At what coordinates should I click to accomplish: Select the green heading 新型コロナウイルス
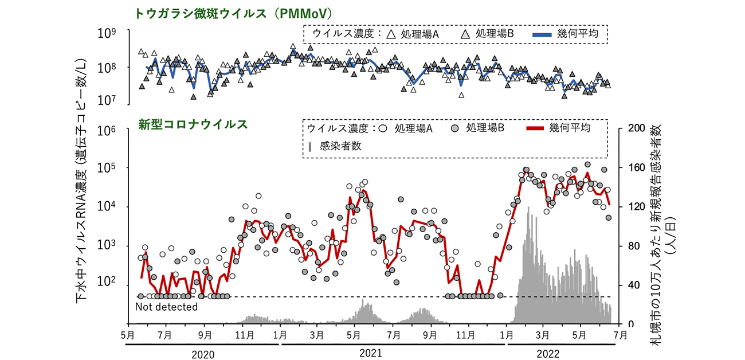[x=193, y=124]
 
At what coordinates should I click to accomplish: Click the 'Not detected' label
[x=166, y=307]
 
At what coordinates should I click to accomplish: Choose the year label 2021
[x=371, y=354]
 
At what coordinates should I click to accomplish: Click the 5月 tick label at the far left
[x=128, y=334]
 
